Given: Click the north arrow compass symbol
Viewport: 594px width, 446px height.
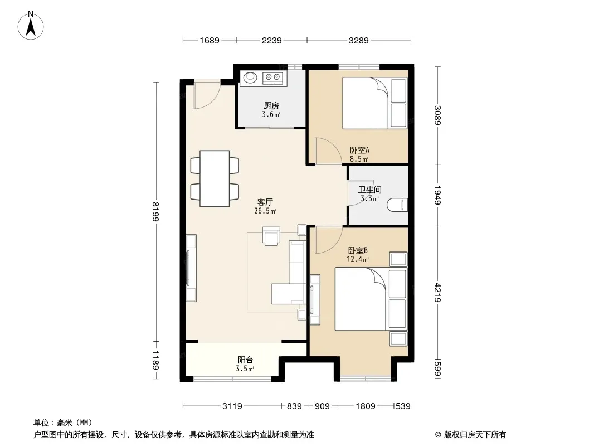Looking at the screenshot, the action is pyautogui.click(x=31, y=25).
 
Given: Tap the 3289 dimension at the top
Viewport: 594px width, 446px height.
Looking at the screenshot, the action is pyautogui.click(x=358, y=40).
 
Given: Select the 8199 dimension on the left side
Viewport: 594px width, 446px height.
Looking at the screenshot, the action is pyautogui.click(x=155, y=211).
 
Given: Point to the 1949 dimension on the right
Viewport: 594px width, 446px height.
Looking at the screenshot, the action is pyautogui.click(x=437, y=195).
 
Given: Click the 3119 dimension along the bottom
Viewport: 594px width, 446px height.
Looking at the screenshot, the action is pyautogui.click(x=232, y=406).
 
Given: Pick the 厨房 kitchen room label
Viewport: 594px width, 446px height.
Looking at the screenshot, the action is pyautogui.click(x=271, y=106).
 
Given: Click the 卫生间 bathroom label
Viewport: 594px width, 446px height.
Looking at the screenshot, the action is pyautogui.click(x=370, y=190).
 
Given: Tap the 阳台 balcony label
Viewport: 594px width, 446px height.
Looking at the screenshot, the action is pyautogui.click(x=245, y=360).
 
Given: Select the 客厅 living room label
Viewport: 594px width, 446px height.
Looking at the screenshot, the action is pyautogui.click(x=265, y=202).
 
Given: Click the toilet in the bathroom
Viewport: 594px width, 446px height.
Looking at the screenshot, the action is pyautogui.click(x=397, y=205).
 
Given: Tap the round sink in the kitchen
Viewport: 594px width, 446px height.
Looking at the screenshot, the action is pyautogui.click(x=250, y=77).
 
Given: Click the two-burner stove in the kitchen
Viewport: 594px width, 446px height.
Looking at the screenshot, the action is pyautogui.click(x=272, y=77).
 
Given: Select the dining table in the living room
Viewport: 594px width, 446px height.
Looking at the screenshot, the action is pyautogui.click(x=215, y=178).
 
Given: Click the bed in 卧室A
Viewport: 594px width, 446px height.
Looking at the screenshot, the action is pyautogui.click(x=374, y=103).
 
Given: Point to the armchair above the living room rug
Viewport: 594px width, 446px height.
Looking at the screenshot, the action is pyautogui.click(x=271, y=236).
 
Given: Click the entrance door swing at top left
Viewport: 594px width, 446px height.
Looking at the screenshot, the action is pyautogui.click(x=207, y=95).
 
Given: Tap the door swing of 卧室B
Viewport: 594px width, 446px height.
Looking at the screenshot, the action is pyautogui.click(x=328, y=240).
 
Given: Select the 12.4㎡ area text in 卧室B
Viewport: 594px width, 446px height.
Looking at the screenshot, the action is pyautogui.click(x=358, y=260).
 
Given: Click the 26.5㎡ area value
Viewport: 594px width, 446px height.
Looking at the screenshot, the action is pyautogui.click(x=265, y=211).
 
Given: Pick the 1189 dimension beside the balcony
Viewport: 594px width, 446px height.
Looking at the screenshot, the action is pyautogui.click(x=155, y=360).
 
